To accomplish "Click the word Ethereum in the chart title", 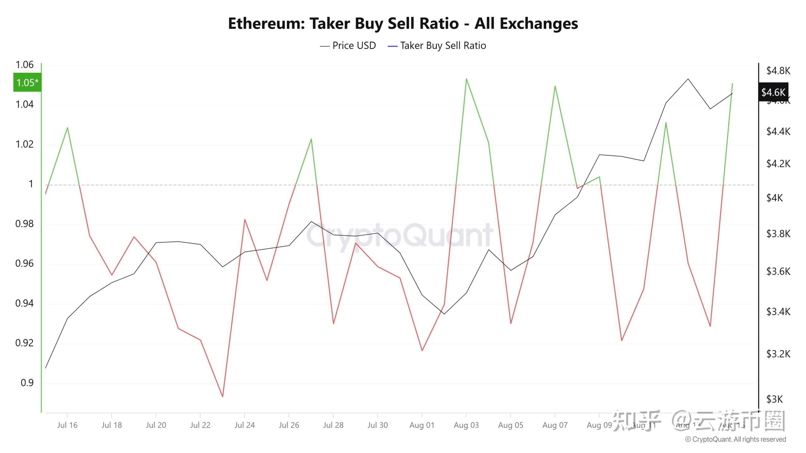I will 266,24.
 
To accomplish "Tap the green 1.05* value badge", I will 27,82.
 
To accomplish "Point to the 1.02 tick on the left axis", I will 25,144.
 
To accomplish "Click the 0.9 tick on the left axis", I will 27,383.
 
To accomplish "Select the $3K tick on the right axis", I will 774,399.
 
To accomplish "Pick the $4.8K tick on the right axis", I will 778,71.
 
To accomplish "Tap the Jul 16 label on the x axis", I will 67,425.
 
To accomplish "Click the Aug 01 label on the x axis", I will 422,425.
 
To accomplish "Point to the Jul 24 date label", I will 245,425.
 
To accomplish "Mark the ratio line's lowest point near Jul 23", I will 223,397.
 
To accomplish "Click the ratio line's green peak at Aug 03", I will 466,79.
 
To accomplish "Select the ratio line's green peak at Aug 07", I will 555,86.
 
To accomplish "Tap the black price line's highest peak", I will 688,79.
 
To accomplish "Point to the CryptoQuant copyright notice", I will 735,439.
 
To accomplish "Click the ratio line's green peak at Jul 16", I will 67,128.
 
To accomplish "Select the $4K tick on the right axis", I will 774,198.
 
